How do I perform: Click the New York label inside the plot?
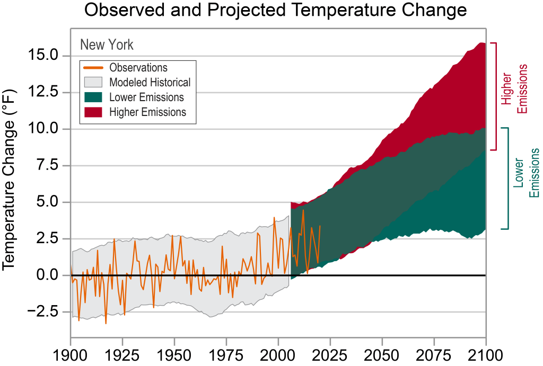[107, 44]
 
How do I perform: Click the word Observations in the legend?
[138, 68]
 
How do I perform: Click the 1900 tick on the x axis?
[71, 354]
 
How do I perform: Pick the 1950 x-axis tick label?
[174, 354]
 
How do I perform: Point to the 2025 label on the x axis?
[330, 354]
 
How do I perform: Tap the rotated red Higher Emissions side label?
[516, 89]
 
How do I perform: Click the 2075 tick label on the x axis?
[434, 354]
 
